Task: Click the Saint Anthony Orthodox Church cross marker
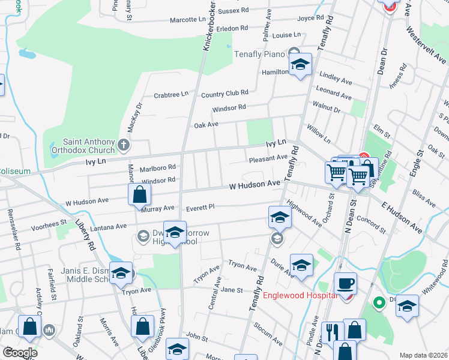(x=124, y=145)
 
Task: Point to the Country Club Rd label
(x=224, y=94)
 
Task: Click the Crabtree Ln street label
(x=170, y=94)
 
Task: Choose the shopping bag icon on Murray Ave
(x=139, y=194)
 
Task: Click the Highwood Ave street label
(x=304, y=214)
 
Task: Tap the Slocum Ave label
(x=268, y=334)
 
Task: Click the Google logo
(x=20, y=353)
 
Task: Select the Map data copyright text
(x=423, y=355)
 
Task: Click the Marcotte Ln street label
(x=187, y=20)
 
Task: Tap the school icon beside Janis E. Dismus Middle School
(x=121, y=273)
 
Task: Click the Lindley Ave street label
(x=336, y=79)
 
